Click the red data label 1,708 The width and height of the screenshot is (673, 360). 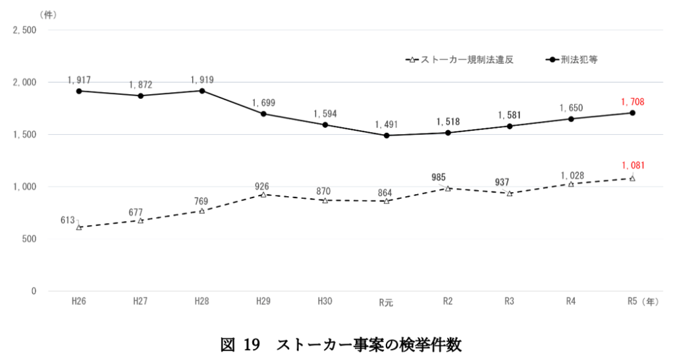(632, 102)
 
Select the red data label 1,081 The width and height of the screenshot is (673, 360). (632, 166)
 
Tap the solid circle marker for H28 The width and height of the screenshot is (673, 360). (202, 91)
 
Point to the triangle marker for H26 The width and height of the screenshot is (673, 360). (79, 227)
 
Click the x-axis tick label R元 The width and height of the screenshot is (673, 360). (386, 301)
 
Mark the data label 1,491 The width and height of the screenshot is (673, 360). (387, 124)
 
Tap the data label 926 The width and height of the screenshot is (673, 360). (263, 186)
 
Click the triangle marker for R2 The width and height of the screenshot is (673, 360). (448, 188)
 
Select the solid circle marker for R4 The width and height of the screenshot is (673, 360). (571, 119)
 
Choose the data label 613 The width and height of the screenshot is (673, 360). (68, 220)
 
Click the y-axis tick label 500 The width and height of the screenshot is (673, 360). (29, 239)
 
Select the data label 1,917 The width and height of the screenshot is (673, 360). (79, 80)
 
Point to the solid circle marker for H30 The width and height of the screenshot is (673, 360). (325, 124)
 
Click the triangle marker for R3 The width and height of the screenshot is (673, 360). (510, 193)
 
